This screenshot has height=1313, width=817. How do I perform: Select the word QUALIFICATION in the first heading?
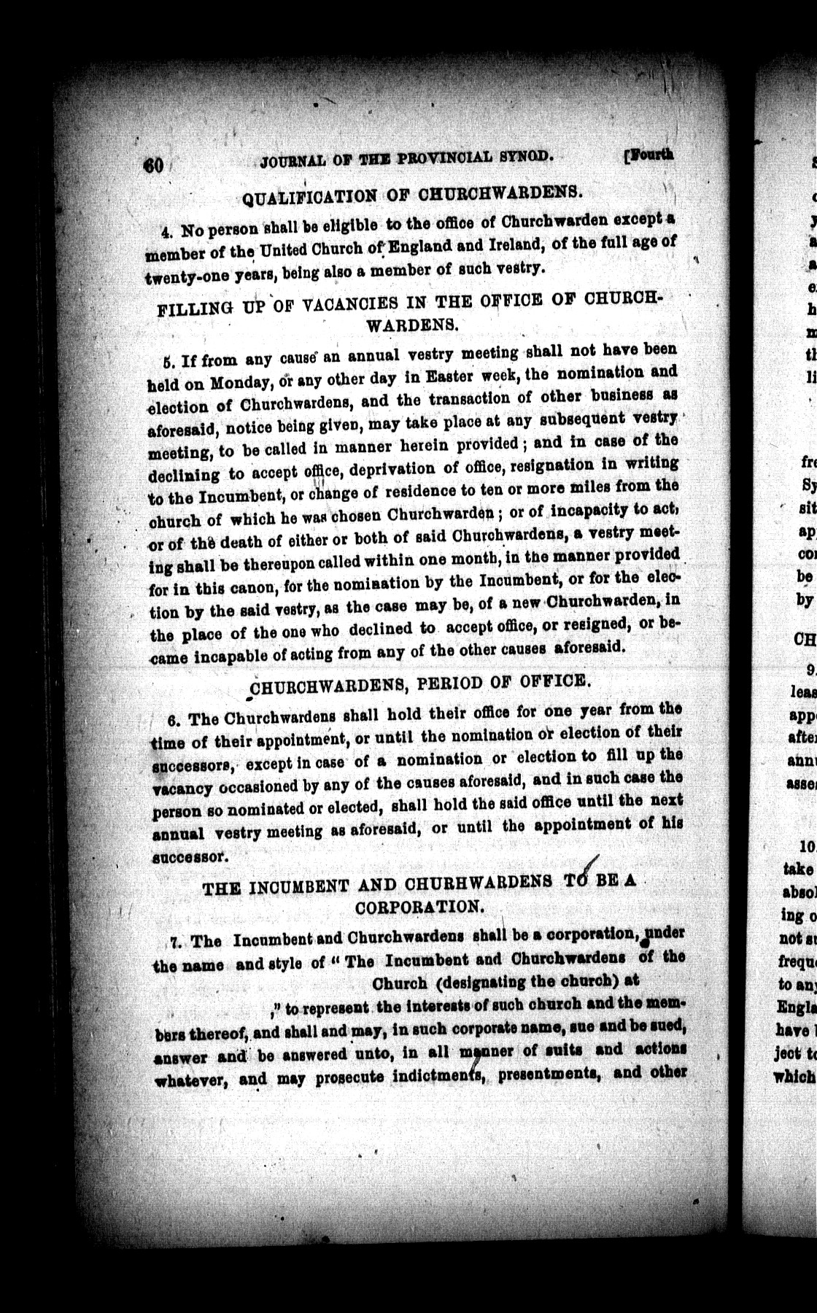(310, 196)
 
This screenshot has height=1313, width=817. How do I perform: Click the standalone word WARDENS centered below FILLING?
(412, 325)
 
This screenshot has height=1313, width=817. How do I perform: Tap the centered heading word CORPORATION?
(419, 907)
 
